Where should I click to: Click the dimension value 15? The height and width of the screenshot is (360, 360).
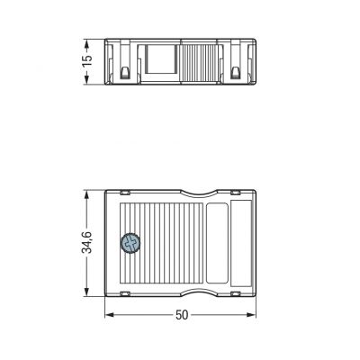tap(87, 61)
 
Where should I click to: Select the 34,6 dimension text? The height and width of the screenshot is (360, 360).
tap(87, 242)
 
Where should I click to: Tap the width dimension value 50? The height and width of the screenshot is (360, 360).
tap(182, 315)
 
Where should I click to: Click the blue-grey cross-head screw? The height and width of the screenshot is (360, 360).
tap(130, 243)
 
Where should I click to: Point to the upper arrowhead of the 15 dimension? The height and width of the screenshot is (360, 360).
tap(87, 44)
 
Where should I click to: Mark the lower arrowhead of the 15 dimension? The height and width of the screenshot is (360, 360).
tap(87, 79)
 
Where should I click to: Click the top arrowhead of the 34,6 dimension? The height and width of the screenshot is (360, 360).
tap(87, 195)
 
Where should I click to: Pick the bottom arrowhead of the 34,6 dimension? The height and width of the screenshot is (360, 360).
tap(87, 292)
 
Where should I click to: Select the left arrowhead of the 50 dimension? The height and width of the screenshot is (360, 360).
tap(110, 315)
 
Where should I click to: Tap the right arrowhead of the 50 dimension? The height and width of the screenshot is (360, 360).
tap(251, 315)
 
